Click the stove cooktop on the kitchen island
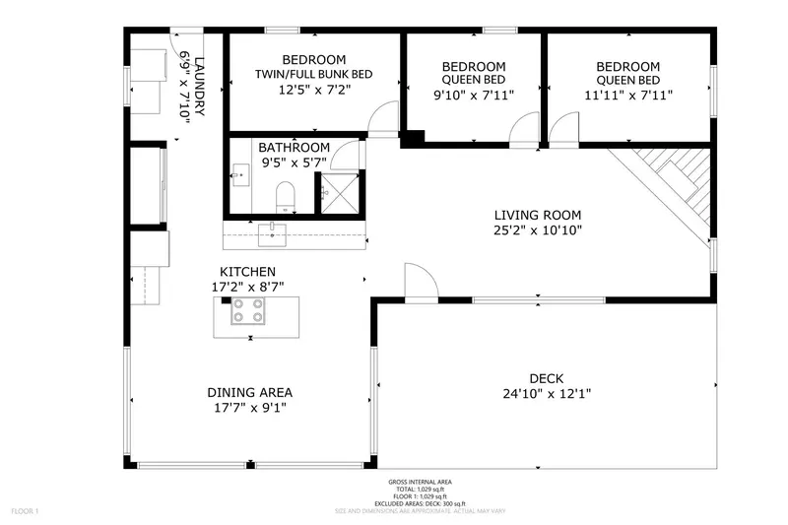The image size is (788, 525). coord(248,311)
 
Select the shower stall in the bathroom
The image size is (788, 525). coord(341,192)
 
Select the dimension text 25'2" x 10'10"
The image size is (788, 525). coord(537,230)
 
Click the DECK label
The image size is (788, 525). coord(546,378)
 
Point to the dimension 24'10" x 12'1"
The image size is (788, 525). coord(546,394)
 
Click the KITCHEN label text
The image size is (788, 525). coord(247,272)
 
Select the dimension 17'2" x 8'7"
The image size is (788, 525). coord(247,287)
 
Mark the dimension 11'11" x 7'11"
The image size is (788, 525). coord(627,96)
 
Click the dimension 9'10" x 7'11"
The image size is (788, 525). coord(473,96)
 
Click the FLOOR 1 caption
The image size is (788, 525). coord(25,511)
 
